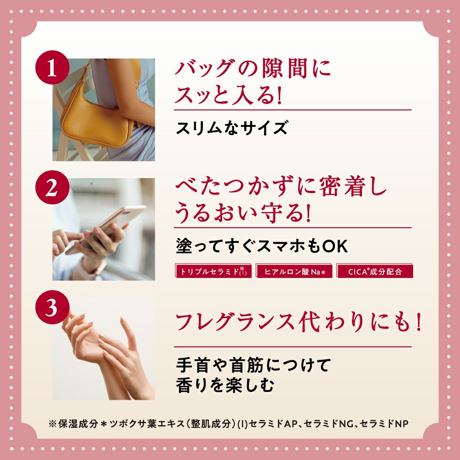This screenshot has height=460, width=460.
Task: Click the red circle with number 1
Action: pos(52,68)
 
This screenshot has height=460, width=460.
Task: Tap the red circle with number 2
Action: pos(52,188)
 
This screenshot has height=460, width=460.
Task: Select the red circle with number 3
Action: pos(52,307)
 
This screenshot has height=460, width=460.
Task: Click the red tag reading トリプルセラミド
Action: pos(213,271)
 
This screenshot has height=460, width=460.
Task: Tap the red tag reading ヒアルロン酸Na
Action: pos(294,271)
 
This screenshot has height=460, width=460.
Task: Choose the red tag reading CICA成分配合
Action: pos(374,271)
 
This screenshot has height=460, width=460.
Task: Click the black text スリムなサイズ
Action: pos(232,128)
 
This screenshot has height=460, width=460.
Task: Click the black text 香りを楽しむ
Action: pos(225,385)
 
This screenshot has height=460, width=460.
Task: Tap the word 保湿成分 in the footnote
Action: pos(77,424)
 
